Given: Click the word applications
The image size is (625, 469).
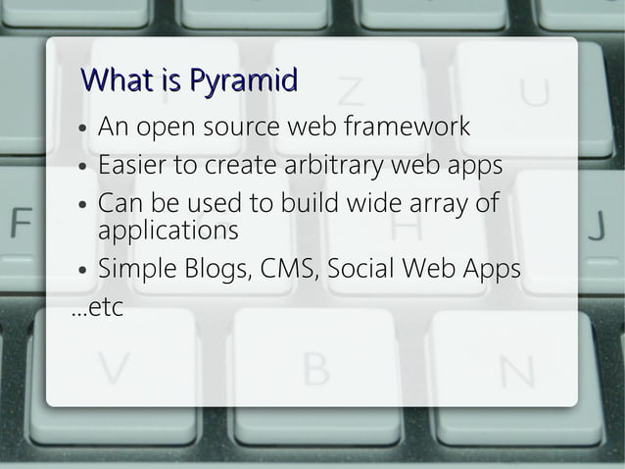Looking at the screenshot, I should pos(168,232).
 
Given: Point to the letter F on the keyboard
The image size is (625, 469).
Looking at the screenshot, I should pos(20,223).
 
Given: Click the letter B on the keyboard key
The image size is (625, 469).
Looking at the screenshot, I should pos(316,370).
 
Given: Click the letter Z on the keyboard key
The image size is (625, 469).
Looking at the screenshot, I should pos(351,91).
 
